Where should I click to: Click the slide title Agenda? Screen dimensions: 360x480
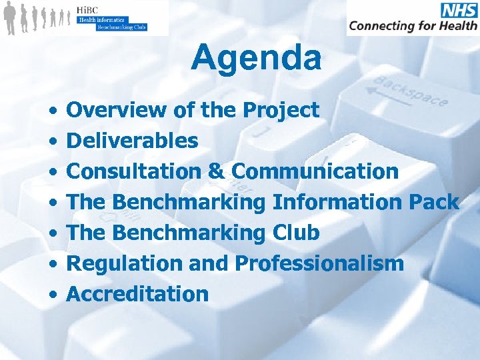coord(256,57)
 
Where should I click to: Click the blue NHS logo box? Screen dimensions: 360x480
coord(458,10)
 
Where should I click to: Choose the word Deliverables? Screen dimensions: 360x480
coord(133,141)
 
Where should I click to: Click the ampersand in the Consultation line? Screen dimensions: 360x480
coord(215,171)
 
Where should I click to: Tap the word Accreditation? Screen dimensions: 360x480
coord(138,294)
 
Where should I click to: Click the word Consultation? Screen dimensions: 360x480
coord(133,171)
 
